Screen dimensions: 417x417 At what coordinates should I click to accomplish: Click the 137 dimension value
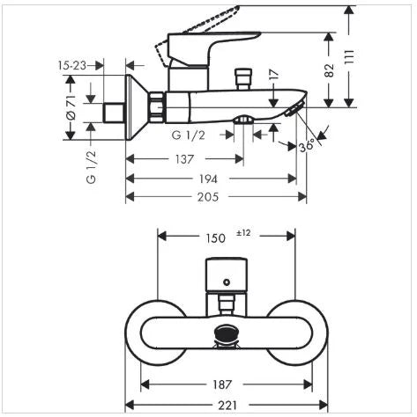[185, 159]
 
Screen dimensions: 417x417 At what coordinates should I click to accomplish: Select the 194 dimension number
[208, 179]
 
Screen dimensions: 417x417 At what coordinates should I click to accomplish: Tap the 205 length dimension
[208, 197]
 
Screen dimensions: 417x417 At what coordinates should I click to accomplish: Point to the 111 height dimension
[349, 57]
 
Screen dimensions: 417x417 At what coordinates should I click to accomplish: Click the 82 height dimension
[330, 70]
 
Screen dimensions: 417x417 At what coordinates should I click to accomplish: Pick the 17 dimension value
[273, 75]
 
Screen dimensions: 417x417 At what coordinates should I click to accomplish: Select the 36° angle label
[307, 146]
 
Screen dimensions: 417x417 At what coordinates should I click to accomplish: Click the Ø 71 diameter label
[71, 107]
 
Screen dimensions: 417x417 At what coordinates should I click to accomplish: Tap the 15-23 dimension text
[72, 65]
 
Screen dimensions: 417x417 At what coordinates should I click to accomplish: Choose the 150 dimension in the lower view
[215, 238]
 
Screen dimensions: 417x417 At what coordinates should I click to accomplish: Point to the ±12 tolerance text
[243, 233]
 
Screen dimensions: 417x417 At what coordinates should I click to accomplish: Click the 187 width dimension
[222, 384]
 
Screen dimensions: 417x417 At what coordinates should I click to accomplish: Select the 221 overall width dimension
[227, 406]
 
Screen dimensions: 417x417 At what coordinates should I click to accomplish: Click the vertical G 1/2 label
[92, 166]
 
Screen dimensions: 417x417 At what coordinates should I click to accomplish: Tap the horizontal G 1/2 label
[189, 135]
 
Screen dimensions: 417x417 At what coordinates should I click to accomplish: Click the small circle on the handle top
[227, 282]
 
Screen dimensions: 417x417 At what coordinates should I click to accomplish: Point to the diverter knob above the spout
[243, 79]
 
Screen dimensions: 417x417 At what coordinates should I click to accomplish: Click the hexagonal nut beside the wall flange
[156, 107]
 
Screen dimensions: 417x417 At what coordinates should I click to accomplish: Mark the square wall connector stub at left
[114, 113]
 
